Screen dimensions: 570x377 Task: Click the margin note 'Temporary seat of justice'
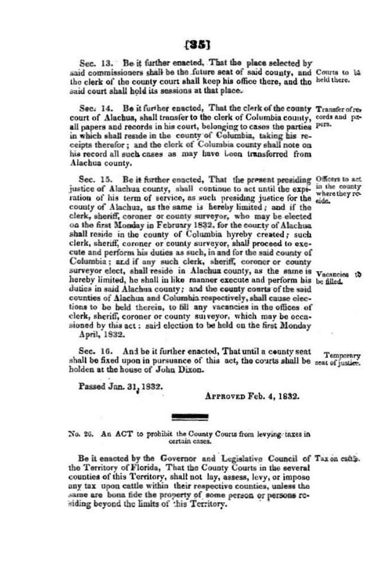click(338, 359)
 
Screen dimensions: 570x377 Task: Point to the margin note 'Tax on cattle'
click(337, 459)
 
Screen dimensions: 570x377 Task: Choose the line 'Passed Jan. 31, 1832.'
click(121, 386)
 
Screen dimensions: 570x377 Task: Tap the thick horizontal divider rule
click(190, 417)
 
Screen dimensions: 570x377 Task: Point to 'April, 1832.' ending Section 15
click(102, 334)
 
